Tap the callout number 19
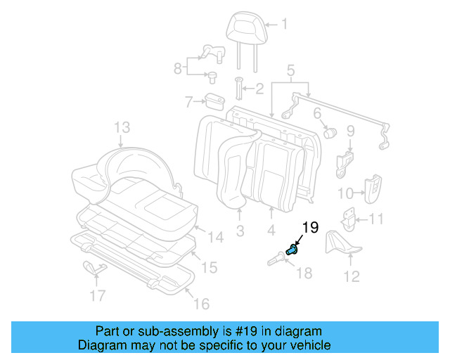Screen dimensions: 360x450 pos(310,226)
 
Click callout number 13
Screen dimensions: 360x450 pos(122,127)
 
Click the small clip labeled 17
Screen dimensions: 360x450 pos(93,267)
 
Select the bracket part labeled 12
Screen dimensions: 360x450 pos(340,243)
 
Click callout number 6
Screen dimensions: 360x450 pos(317,112)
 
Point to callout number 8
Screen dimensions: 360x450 pos(178,67)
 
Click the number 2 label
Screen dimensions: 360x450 pos(259,89)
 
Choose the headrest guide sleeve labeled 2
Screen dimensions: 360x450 pos(238,89)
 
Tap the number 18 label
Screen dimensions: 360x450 pos(304,272)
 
